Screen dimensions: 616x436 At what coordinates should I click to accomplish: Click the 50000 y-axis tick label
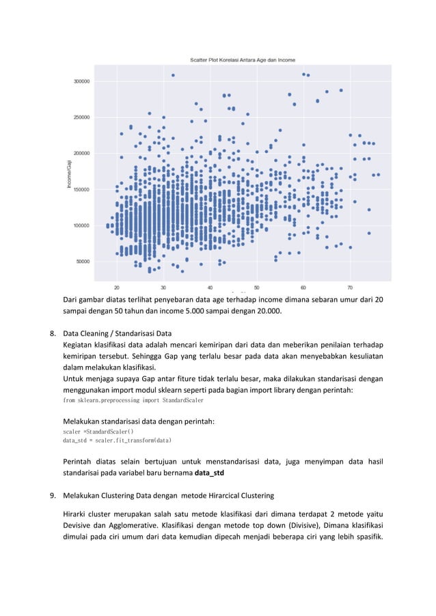tap(83, 262)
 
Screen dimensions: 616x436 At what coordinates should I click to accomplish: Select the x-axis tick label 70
tap(350, 287)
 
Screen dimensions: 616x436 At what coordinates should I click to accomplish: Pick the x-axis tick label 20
tap(117, 287)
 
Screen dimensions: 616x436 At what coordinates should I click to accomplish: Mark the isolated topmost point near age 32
tap(173, 75)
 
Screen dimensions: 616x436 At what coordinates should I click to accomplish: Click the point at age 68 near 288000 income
tap(341, 90)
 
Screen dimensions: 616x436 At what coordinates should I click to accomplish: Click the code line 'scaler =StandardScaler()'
tap(98, 432)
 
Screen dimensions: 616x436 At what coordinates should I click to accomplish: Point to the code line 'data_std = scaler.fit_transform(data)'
tap(117, 441)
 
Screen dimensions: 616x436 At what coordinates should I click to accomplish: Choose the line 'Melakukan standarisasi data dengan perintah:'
tap(139, 421)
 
